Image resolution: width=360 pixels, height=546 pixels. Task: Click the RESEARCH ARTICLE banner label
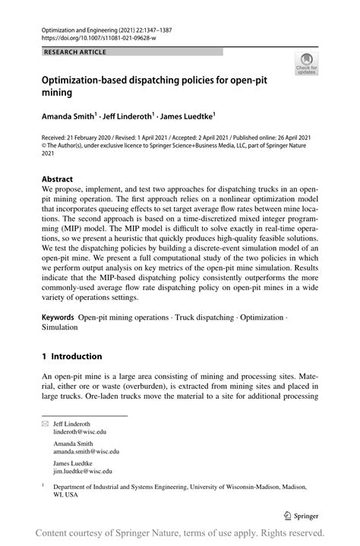pos(76,52)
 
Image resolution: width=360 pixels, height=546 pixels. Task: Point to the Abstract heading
pos(57,180)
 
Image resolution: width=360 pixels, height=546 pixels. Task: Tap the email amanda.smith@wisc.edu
pos(91,451)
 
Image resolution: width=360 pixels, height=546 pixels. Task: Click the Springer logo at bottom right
pos(301,516)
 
